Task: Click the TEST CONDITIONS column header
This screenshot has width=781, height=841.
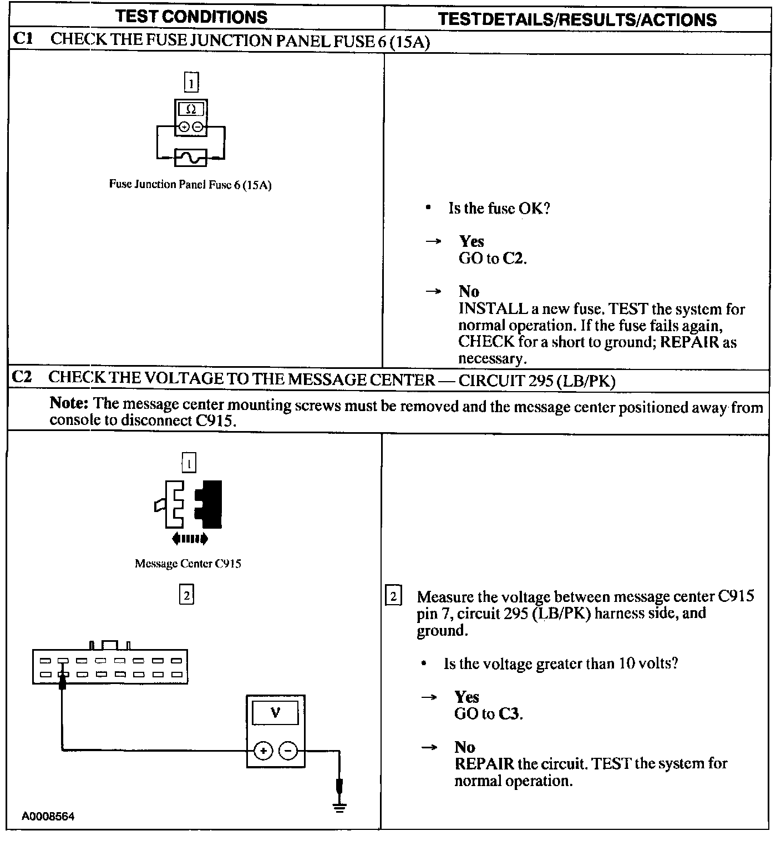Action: click(x=191, y=17)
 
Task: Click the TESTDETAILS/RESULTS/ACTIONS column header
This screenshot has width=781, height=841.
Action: click(x=577, y=20)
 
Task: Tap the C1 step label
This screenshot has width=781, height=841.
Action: click(x=23, y=39)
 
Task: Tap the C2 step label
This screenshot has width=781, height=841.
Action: click(x=23, y=377)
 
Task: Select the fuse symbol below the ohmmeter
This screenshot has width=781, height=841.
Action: click(x=191, y=158)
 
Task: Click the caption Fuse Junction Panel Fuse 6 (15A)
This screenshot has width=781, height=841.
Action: click(x=190, y=185)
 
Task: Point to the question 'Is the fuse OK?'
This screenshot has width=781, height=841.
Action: click(x=499, y=209)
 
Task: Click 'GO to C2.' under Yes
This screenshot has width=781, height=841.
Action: click(x=493, y=259)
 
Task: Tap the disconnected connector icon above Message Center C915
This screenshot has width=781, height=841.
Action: click(x=189, y=505)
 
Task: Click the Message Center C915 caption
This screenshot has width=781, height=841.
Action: click(x=188, y=564)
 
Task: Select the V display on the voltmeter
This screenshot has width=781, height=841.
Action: click(x=275, y=713)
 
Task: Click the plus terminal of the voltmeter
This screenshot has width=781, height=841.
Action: click(x=263, y=751)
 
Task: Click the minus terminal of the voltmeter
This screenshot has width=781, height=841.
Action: click(x=288, y=751)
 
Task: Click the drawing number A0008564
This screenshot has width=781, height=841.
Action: click(x=48, y=817)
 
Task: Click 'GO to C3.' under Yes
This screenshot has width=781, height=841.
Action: click(x=488, y=714)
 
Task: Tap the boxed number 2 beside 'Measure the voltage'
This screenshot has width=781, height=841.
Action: click(x=393, y=597)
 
